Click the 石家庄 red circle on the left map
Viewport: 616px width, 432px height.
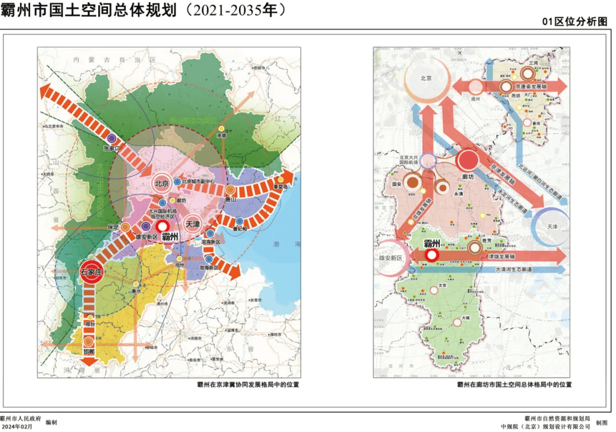tap(91, 273)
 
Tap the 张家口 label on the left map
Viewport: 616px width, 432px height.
tap(112, 148)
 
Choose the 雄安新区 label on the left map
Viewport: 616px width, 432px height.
tap(147, 237)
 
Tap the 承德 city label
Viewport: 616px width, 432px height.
tap(222, 136)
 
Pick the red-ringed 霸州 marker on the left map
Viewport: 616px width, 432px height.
tap(163, 226)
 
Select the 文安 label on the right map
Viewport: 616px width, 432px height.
tap(441, 285)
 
